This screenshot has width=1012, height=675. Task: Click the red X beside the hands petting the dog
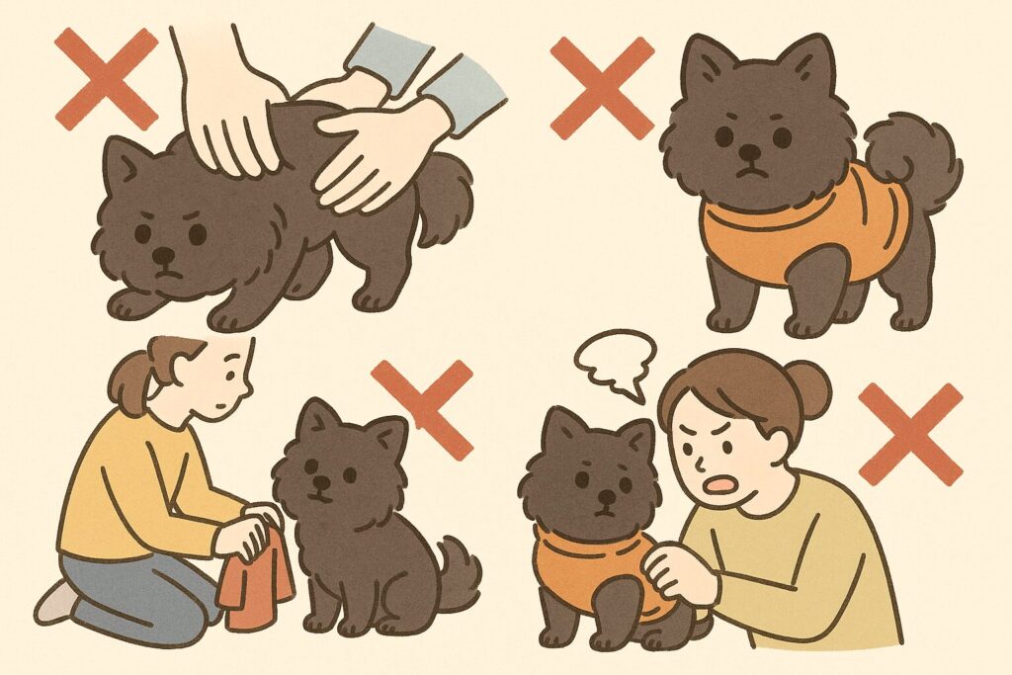point(106,78)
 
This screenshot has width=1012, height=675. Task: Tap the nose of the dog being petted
point(164,256)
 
